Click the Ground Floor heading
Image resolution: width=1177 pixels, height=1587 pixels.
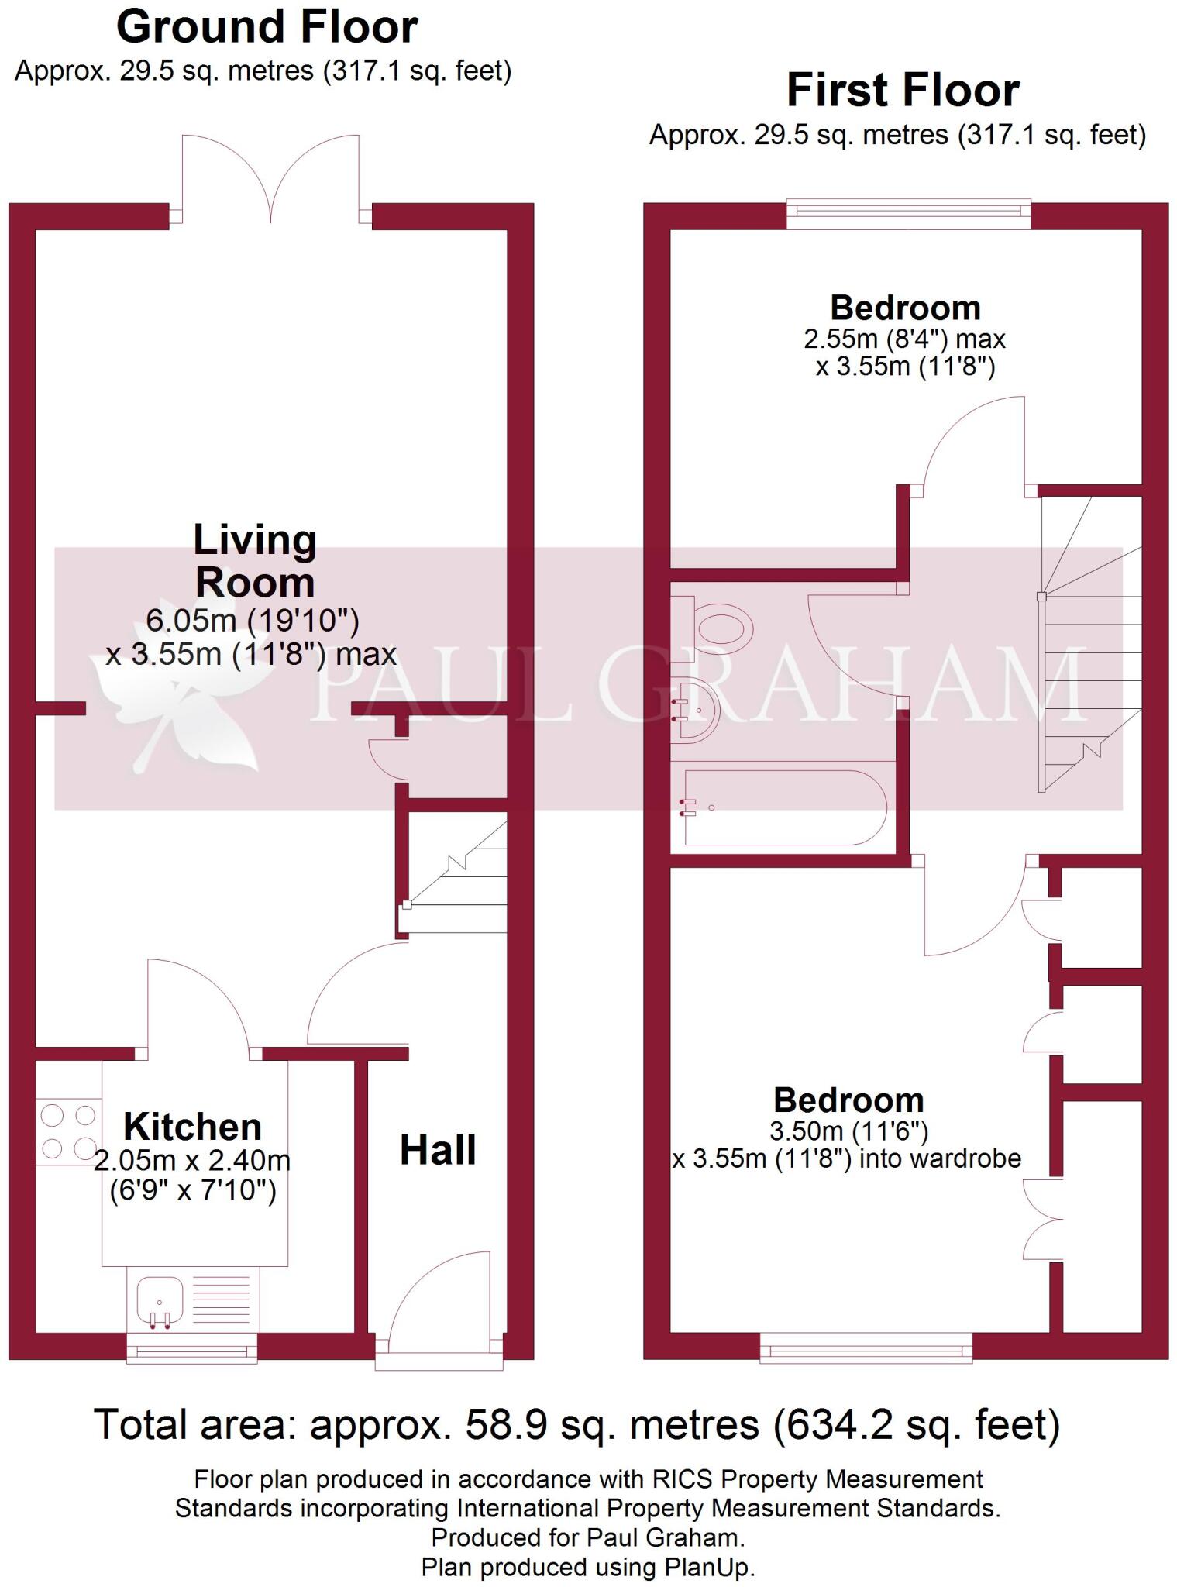click(x=267, y=28)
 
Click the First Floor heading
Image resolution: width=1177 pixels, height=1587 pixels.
click(x=903, y=91)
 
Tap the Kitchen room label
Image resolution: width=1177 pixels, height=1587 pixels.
click(x=192, y=1127)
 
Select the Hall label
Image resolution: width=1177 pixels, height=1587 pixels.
click(x=438, y=1150)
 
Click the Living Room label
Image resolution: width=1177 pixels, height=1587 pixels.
click(x=255, y=561)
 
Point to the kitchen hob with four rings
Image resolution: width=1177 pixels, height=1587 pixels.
click(x=68, y=1132)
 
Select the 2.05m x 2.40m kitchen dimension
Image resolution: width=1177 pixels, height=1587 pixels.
click(x=192, y=1161)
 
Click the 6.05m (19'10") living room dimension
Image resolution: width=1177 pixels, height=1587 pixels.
click(x=253, y=621)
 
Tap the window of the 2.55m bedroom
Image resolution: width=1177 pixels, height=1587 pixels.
click(x=908, y=212)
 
